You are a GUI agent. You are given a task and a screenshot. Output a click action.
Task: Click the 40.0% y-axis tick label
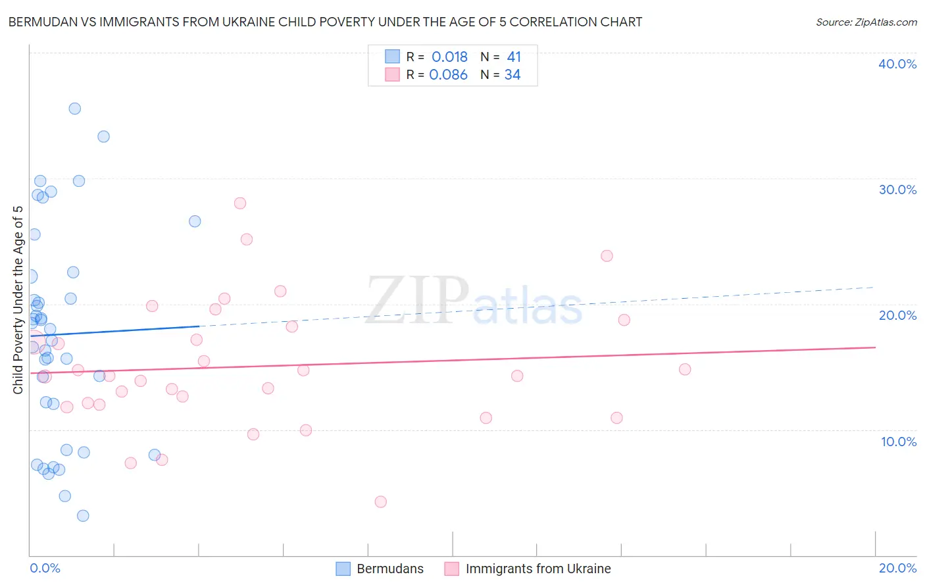pyautogui.click(x=897, y=64)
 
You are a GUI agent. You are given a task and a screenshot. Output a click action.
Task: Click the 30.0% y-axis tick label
pyautogui.click(x=897, y=190)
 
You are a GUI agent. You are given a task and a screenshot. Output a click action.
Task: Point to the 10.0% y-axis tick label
pyautogui.click(x=899, y=442)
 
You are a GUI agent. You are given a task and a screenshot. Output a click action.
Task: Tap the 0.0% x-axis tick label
pyautogui.click(x=45, y=568)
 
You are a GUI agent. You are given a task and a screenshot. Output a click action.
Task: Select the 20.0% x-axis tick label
pyautogui.click(x=897, y=568)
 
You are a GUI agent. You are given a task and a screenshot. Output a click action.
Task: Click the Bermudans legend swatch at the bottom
pyautogui.click(x=343, y=569)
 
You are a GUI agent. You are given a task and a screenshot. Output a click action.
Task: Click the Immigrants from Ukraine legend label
pyautogui.click(x=538, y=569)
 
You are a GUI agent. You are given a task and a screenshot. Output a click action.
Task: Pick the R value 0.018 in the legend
pyautogui.click(x=449, y=57)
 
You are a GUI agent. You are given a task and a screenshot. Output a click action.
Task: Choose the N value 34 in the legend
pyautogui.click(x=512, y=75)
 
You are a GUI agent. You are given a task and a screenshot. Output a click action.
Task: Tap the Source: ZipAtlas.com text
pyautogui.click(x=866, y=22)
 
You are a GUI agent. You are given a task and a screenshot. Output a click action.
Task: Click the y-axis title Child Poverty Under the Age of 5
pyautogui.click(x=18, y=299)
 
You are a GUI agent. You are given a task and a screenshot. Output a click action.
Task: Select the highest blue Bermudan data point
pyautogui.click(x=75, y=109)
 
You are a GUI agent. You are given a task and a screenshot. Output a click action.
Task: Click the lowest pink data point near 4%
pyautogui.click(x=380, y=501)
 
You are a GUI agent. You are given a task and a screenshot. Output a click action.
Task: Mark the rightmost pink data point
pyautogui.click(x=685, y=369)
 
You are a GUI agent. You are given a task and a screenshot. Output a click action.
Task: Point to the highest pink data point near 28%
pyautogui.click(x=240, y=203)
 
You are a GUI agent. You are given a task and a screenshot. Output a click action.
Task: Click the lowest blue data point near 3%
pyautogui.click(x=83, y=515)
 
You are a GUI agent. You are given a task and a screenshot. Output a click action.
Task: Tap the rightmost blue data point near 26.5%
pyautogui.click(x=195, y=221)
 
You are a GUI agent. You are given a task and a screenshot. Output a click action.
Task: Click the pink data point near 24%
pyautogui.click(x=607, y=255)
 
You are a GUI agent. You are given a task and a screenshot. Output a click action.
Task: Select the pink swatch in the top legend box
pyautogui.click(x=393, y=74)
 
